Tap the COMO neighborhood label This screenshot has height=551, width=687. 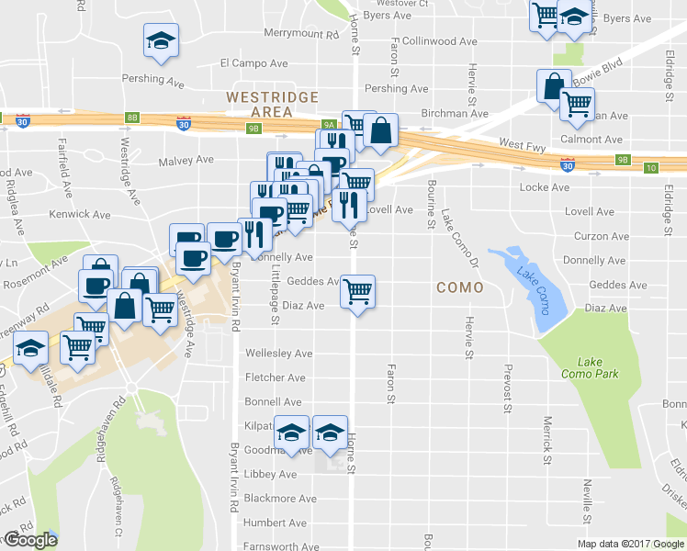[x=459, y=287]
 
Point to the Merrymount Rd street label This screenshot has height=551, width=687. [x=301, y=34]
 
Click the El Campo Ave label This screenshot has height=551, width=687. [x=253, y=63]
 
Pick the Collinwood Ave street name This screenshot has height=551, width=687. [x=441, y=41]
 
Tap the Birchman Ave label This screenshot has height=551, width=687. [x=454, y=114]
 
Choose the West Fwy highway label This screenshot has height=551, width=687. [x=523, y=144]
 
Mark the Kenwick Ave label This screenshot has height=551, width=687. [x=83, y=214]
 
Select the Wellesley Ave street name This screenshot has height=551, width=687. [x=278, y=353]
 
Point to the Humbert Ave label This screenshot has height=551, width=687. [x=275, y=523]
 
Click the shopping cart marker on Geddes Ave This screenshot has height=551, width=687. [x=357, y=292]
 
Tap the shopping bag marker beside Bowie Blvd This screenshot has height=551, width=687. [x=554, y=88]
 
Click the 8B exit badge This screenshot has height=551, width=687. [x=133, y=117]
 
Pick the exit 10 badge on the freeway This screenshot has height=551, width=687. [x=651, y=167]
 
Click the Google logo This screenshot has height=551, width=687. [x=29, y=540]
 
